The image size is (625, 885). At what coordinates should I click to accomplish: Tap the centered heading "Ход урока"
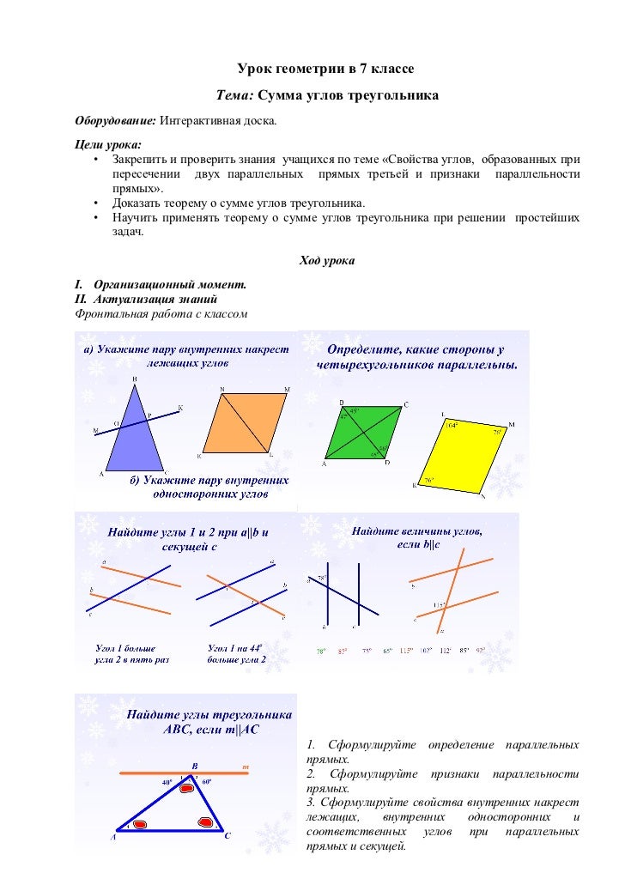[325, 260]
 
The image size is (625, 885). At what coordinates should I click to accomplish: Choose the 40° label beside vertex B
[167, 783]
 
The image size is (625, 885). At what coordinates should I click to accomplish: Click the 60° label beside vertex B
[206, 782]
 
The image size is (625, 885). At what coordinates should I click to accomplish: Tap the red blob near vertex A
[139, 825]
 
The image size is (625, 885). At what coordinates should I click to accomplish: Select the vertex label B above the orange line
[194, 765]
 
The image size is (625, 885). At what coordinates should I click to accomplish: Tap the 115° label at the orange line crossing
[439, 604]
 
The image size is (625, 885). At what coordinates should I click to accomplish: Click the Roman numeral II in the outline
[81, 299]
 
